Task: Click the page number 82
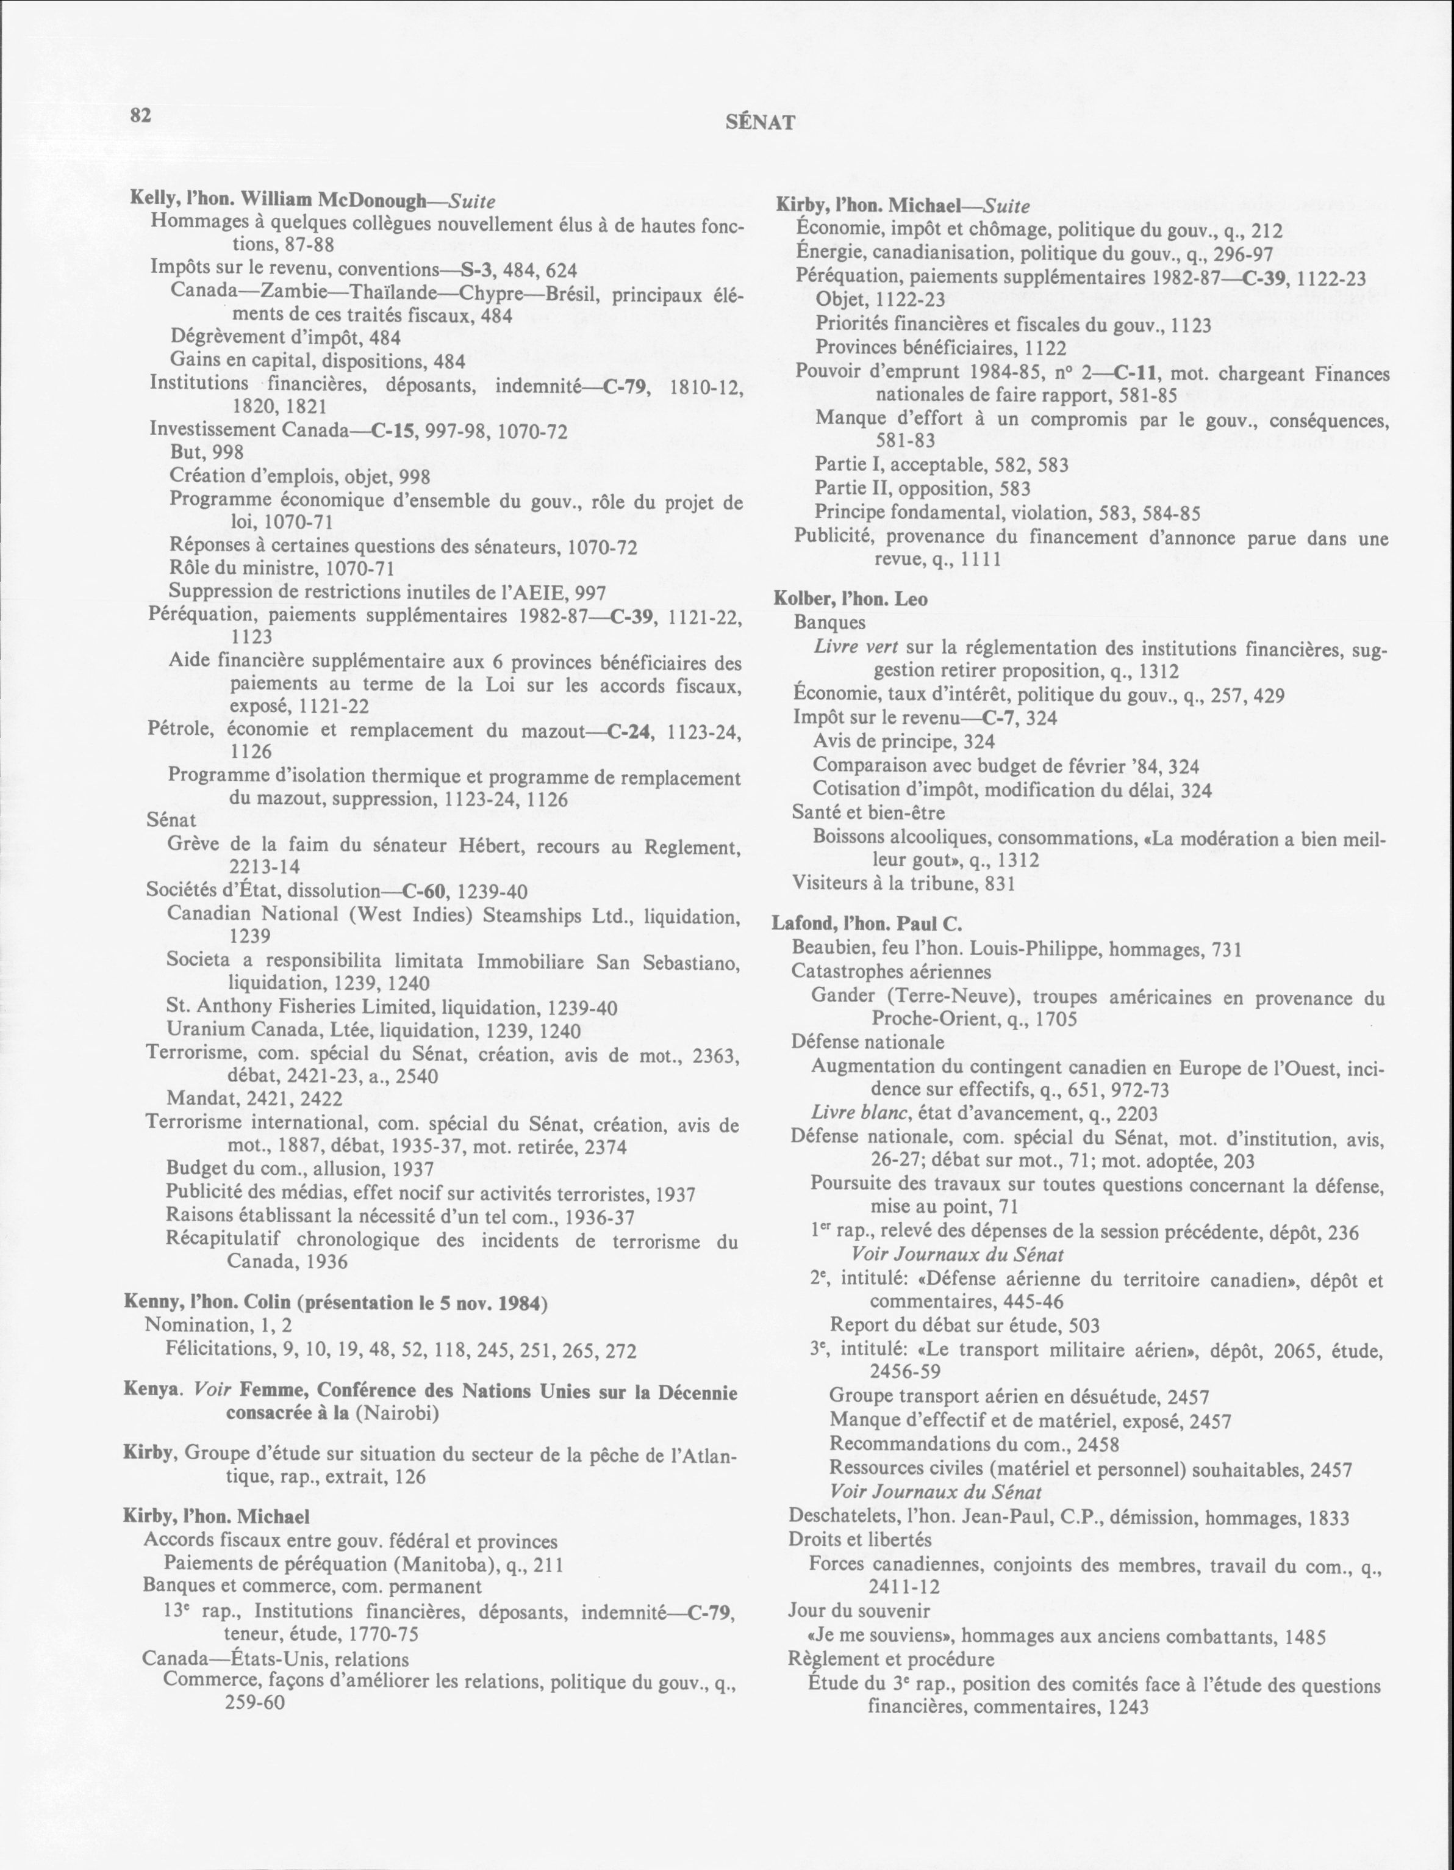pyautogui.click(x=140, y=115)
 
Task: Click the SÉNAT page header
pyautogui.click(x=760, y=123)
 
